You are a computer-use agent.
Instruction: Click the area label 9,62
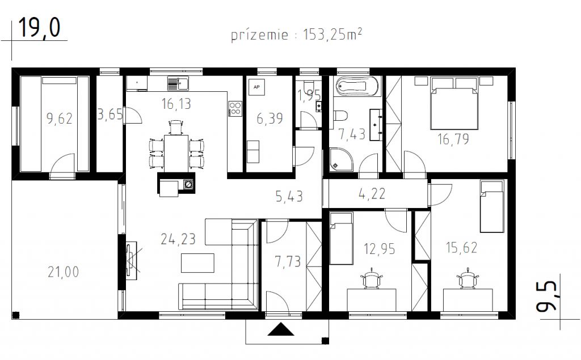pos(59,118)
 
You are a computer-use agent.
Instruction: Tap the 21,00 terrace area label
pos(64,272)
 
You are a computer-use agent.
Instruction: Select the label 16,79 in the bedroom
pos(453,139)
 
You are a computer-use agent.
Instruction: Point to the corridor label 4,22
pos(372,194)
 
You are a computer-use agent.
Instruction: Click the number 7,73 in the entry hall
pos(288,261)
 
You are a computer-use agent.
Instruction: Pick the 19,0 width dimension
pos(39,27)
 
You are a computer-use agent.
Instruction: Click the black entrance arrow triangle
pos(281,329)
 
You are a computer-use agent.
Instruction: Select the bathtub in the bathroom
pos(357,87)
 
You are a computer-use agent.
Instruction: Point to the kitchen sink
pos(178,83)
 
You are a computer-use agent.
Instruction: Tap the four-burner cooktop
pos(235,109)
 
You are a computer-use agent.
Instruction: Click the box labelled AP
pos(256,87)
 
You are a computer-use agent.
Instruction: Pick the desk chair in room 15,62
pos(469,278)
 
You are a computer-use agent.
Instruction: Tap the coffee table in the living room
pos(197,263)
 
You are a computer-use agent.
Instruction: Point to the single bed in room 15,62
pos(492,206)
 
